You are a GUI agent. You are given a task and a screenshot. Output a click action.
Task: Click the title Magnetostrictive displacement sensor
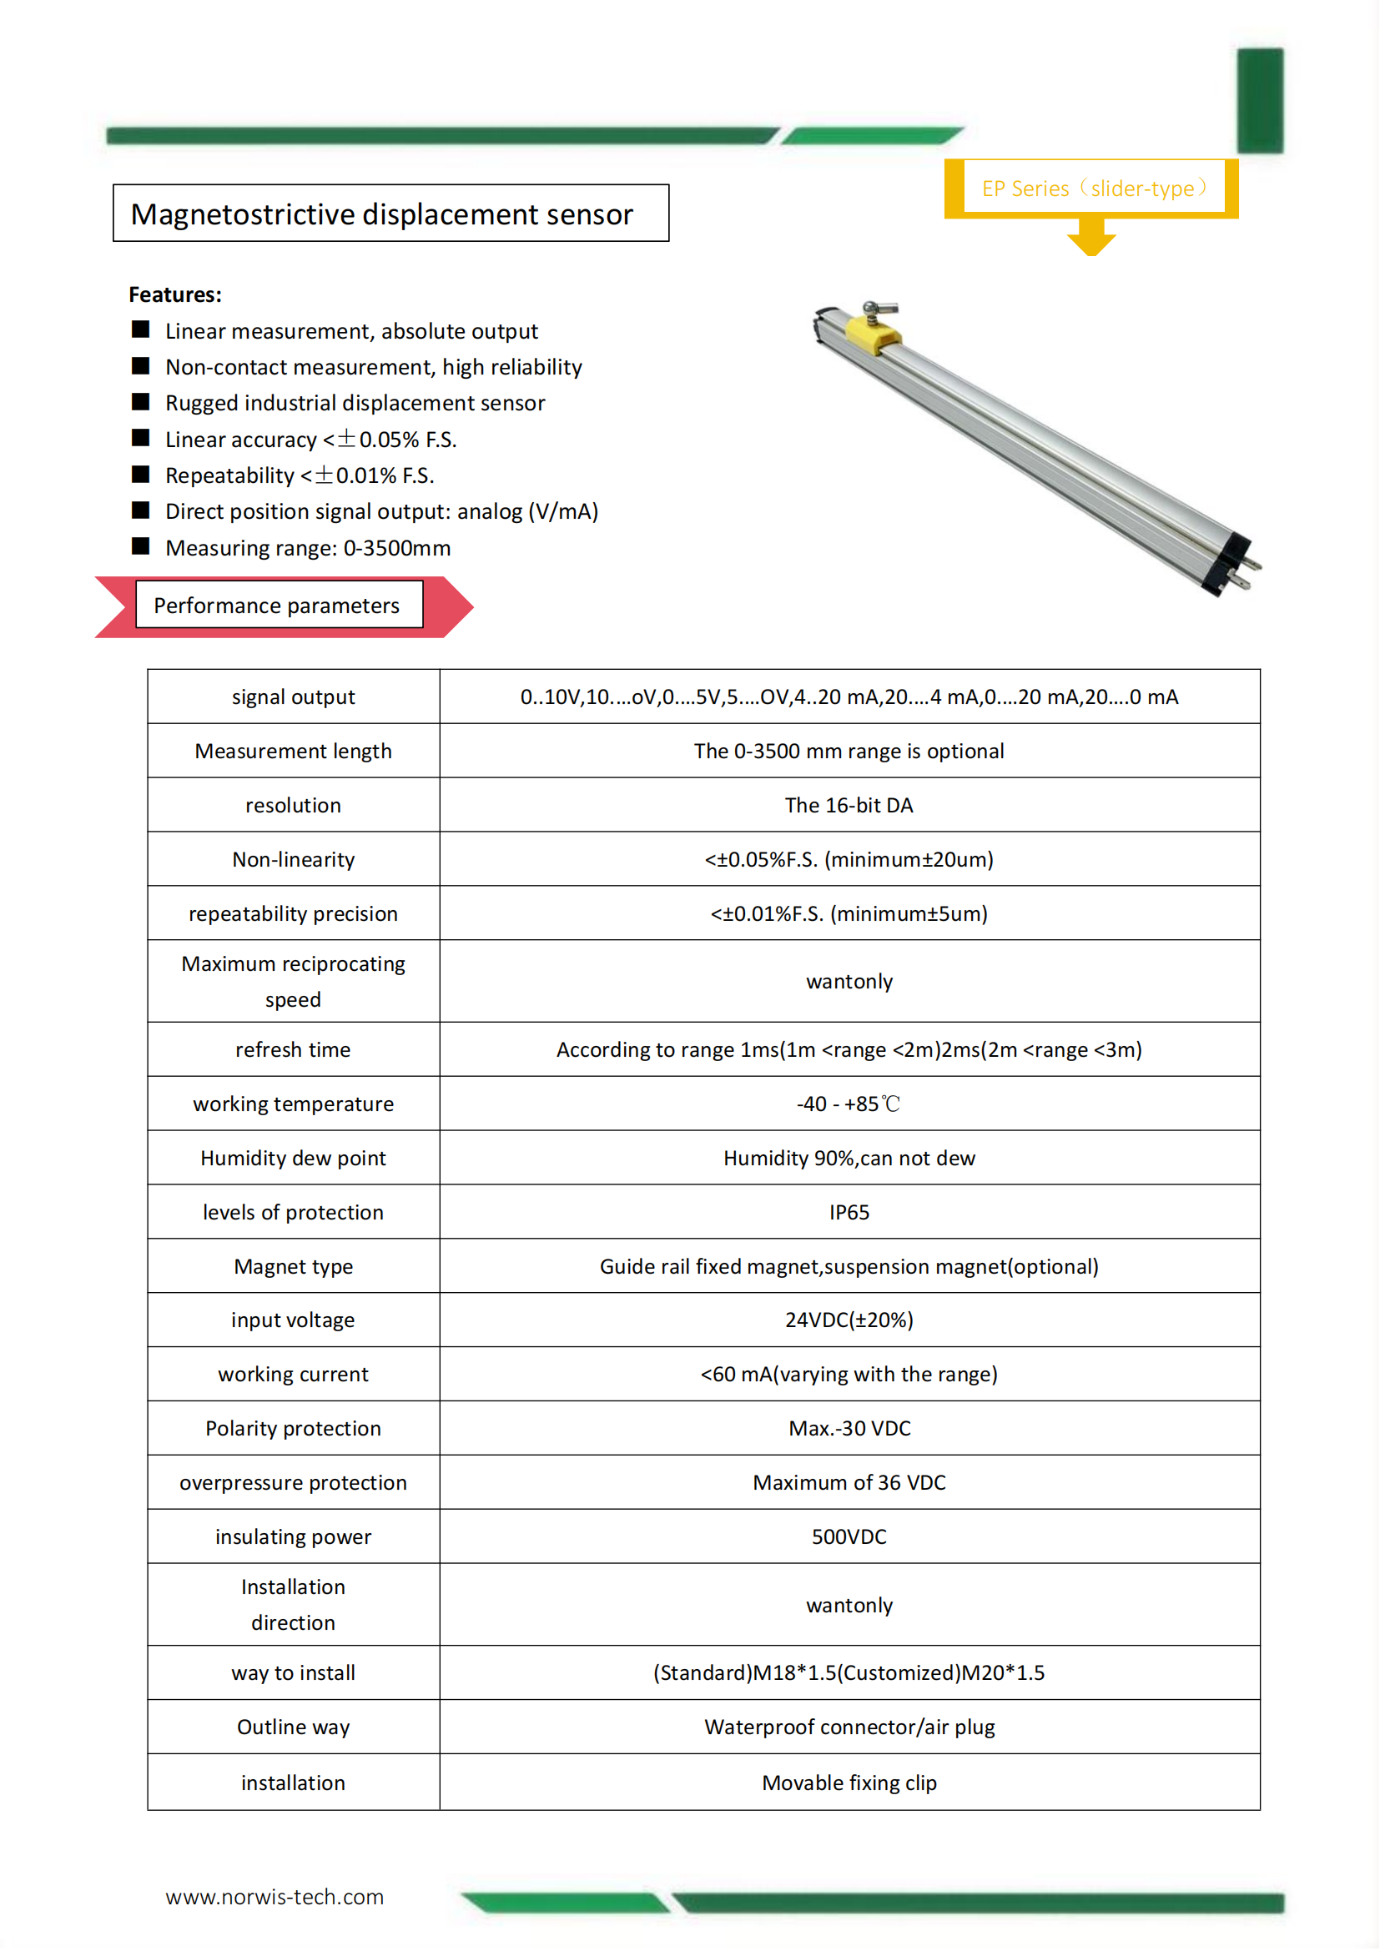click(381, 214)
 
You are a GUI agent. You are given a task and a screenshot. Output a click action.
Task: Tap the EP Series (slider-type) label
click(1093, 188)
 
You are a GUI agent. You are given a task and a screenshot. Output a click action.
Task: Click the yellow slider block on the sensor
click(874, 332)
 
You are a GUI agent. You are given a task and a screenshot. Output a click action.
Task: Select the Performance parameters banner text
click(276, 605)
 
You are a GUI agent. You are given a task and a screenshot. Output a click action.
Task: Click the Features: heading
click(175, 294)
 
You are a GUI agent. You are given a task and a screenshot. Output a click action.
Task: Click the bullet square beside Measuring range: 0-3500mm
click(141, 546)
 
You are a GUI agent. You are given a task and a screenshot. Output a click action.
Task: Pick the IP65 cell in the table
click(849, 1212)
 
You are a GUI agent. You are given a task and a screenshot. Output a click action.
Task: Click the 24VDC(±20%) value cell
click(849, 1320)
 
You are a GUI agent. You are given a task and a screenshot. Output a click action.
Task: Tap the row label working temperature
click(293, 1104)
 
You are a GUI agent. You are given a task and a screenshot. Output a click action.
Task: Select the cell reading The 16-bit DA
click(849, 805)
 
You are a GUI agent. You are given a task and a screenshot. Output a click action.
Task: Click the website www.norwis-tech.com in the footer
click(274, 1897)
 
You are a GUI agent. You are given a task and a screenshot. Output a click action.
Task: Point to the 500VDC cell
click(849, 1536)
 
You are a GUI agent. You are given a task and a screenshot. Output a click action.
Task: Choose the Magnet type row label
click(293, 1266)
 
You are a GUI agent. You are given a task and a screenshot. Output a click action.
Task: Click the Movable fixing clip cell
click(849, 1783)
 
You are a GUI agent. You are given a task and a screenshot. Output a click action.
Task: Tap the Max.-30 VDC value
click(849, 1428)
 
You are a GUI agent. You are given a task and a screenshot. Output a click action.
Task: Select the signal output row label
click(293, 696)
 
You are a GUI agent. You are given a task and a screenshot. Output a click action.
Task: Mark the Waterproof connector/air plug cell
click(849, 1727)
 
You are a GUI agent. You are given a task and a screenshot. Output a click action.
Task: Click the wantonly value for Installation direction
click(849, 1605)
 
